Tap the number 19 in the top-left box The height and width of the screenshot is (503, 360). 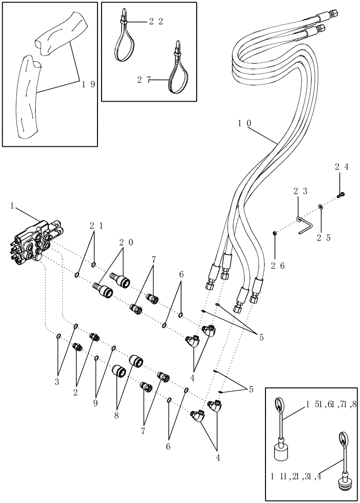(x=88, y=84)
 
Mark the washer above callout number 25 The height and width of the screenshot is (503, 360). (x=320, y=206)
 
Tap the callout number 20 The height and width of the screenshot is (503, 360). (x=126, y=242)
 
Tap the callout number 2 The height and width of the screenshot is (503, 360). (x=75, y=392)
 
